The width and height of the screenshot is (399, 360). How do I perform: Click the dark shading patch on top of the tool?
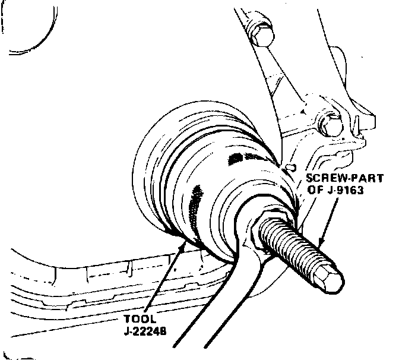[240, 157]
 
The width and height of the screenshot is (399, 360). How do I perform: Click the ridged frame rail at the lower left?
[89, 279]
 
